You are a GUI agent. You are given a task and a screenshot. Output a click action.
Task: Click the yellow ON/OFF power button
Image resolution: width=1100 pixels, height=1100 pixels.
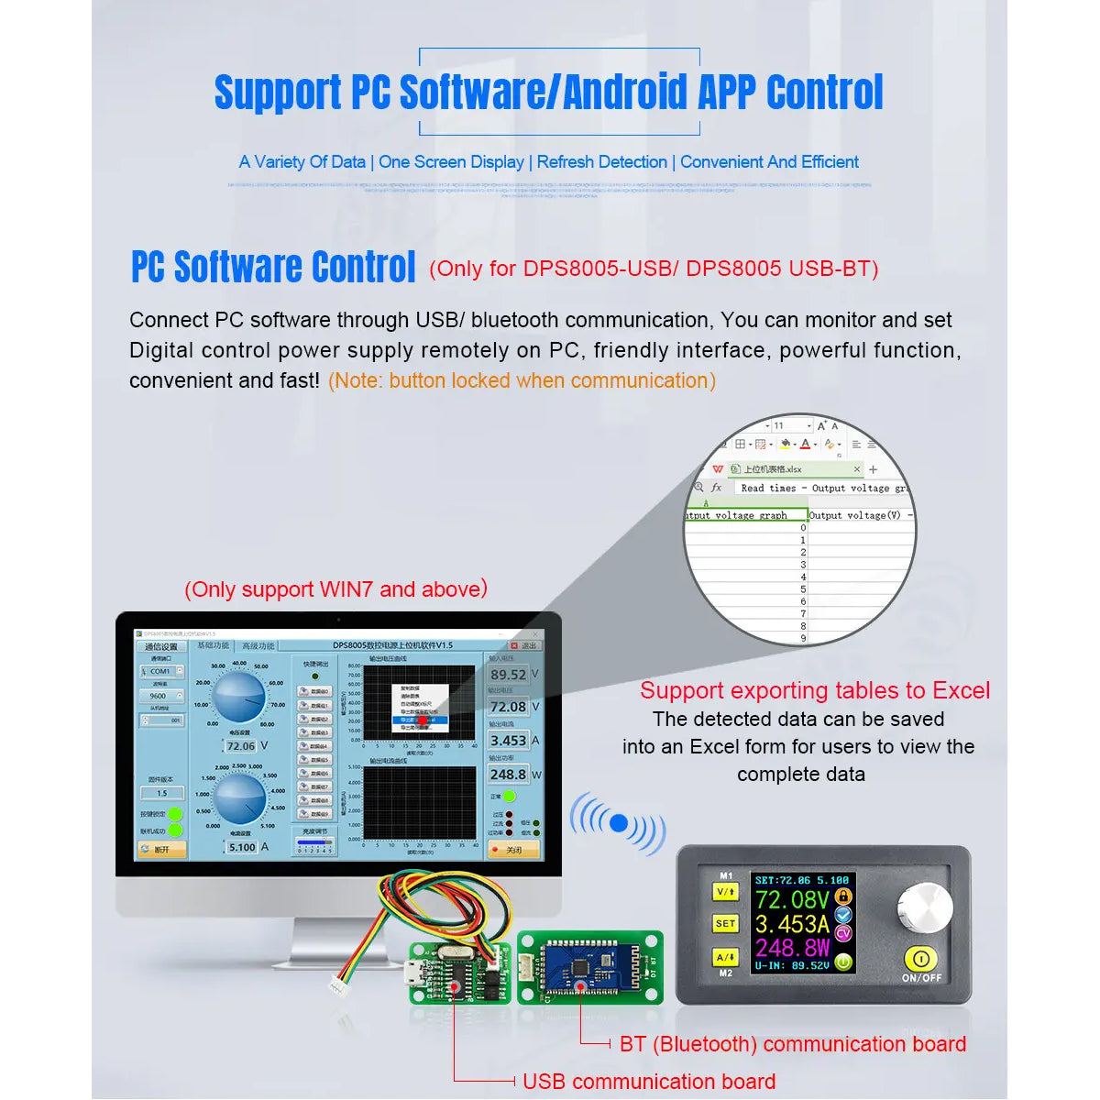tap(921, 960)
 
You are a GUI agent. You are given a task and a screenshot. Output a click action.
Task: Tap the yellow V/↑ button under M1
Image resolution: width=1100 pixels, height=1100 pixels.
tap(725, 892)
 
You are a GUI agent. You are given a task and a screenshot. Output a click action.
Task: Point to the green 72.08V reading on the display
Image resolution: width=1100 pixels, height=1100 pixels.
tap(792, 900)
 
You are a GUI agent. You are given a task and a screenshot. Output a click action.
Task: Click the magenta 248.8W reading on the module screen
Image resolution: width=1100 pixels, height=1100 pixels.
tap(792, 947)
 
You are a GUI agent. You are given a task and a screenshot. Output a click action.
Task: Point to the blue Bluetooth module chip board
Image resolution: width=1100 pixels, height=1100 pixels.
tap(578, 967)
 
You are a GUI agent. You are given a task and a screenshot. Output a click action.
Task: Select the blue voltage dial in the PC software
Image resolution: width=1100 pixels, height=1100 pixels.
tap(240, 698)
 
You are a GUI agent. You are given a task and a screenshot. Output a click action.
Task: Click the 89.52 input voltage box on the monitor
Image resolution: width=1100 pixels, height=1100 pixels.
tap(508, 675)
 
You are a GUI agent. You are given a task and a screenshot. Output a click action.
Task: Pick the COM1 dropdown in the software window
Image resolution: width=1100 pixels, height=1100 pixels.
tap(161, 671)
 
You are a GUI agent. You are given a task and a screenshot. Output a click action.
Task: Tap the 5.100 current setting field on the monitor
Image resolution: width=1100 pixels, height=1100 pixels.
tap(242, 847)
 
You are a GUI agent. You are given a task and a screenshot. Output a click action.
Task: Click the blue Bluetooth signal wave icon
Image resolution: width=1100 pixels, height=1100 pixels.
tap(618, 824)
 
